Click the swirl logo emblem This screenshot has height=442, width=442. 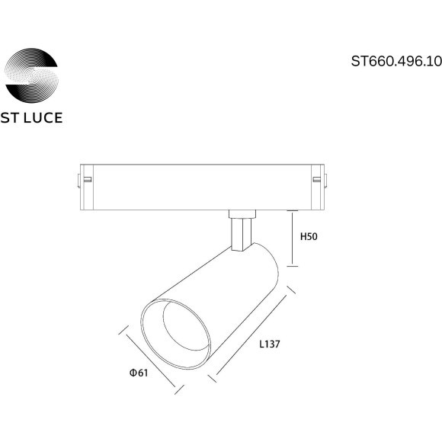click(32, 74)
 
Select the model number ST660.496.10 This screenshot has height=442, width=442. click(396, 63)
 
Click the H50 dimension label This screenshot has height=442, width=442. click(308, 237)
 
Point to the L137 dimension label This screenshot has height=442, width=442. click(270, 344)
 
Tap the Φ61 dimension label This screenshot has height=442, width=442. click(138, 373)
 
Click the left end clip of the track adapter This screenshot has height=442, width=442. click(85, 180)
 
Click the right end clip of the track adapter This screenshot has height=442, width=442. click(320, 180)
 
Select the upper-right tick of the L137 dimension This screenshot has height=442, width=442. click(291, 291)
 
